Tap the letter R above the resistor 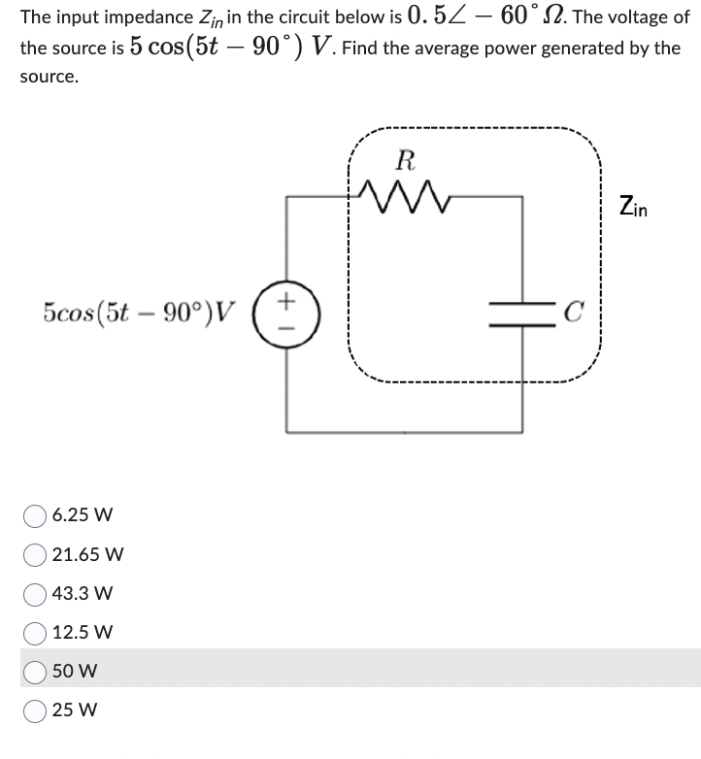coord(407,160)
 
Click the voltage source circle coord(285,312)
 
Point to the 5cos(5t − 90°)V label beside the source coord(139,312)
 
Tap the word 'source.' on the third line coord(49,77)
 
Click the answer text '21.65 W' coord(87,554)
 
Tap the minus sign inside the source coord(285,323)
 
